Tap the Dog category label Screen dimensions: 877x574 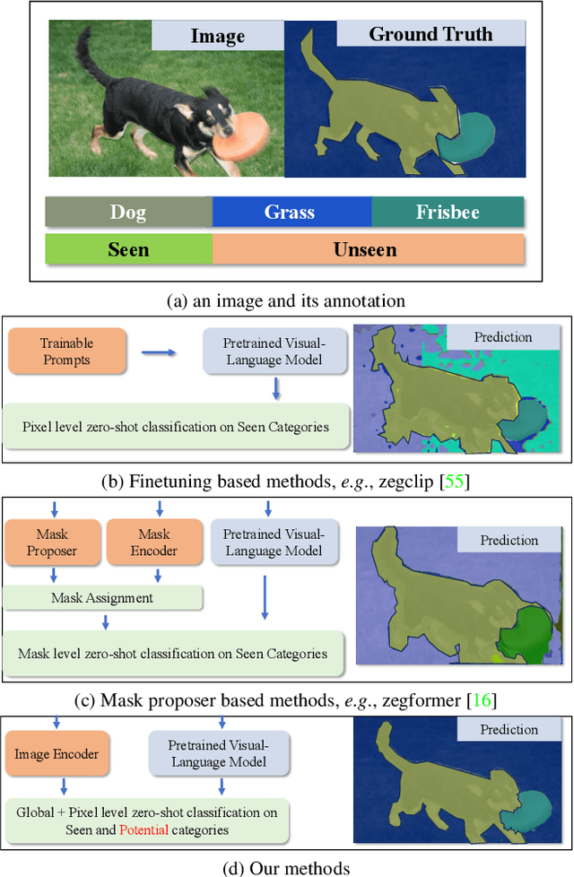[x=128, y=213]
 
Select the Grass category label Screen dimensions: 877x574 [x=290, y=213]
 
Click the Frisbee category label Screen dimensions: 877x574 [x=447, y=213]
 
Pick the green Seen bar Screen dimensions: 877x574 [x=128, y=248]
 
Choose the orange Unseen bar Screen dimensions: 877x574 [x=366, y=248]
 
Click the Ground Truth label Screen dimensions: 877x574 [x=430, y=35]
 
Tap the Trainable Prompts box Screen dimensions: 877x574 [x=67, y=352]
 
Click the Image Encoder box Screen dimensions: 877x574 [x=57, y=755]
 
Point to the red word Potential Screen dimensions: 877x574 [x=143, y=829]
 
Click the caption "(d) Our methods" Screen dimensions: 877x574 [x=286, y=866]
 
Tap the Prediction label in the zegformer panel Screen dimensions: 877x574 [x=509, y=541]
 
